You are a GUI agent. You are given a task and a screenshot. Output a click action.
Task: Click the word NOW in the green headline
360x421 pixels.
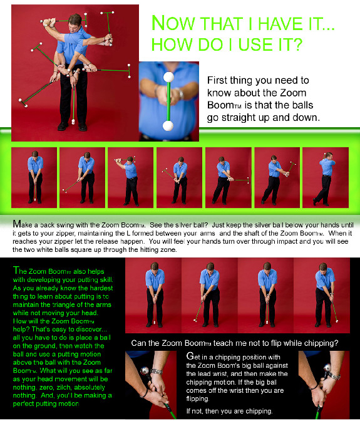coord(173,23)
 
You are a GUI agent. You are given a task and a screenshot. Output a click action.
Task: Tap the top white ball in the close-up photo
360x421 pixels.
coord(169,77)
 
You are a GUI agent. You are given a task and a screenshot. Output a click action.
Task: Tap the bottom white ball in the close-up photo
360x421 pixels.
coord(168,126)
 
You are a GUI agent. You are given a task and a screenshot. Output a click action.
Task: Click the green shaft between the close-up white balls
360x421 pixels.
coord(168,101)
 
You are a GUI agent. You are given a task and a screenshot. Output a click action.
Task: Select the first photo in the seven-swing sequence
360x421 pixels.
coord(34,177)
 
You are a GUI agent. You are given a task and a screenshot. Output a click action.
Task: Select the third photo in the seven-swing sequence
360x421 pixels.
coord(130,177)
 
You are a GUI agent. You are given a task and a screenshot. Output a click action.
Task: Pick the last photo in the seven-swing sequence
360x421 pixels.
coord(326,177)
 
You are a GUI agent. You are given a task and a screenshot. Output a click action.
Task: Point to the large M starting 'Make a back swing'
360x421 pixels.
coord(17,224)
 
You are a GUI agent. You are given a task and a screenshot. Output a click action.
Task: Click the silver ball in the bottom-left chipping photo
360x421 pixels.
coord(145,370)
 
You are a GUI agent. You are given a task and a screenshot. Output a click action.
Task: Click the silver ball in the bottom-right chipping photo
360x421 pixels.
coord(327,367)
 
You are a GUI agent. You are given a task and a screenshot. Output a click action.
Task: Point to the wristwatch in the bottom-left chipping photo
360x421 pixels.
coord(156,372)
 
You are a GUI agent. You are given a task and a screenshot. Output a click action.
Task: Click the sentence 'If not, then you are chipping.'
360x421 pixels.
coord(229,411)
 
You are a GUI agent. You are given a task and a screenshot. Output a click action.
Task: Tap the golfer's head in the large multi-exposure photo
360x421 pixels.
coord(75,21)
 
